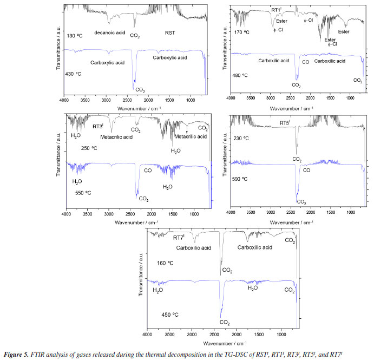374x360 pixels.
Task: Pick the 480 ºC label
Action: coord(241,75)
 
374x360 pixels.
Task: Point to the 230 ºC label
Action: coord(241,139)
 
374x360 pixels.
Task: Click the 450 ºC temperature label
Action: coord(170,314)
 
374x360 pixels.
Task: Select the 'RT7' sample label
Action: coord(179,237)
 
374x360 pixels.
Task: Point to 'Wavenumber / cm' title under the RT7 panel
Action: coord(222,343)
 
